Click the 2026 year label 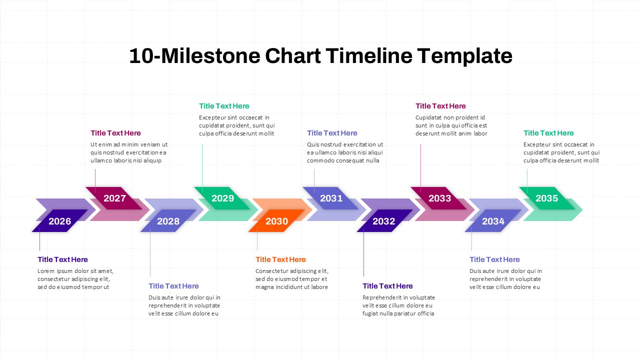coord(60,221)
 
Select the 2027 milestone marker coord(114,198)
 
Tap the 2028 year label coord(168,221)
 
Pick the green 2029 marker coord(222,198)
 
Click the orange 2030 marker coord(276,221)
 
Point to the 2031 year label coord(331,198)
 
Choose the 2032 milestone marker coord(384,221)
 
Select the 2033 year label coord(439,198)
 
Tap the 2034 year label coord(493,221)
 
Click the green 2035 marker coord(546,198)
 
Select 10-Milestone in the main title coord(194,56)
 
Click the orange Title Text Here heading coord(280,259)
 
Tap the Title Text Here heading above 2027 coord(115,133)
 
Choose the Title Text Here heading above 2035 coord(548,133)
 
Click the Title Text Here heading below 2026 coord(62,259)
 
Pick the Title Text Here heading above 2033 coord(440,106)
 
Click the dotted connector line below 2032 coord(363,255)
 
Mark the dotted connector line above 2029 coord(202,165)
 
